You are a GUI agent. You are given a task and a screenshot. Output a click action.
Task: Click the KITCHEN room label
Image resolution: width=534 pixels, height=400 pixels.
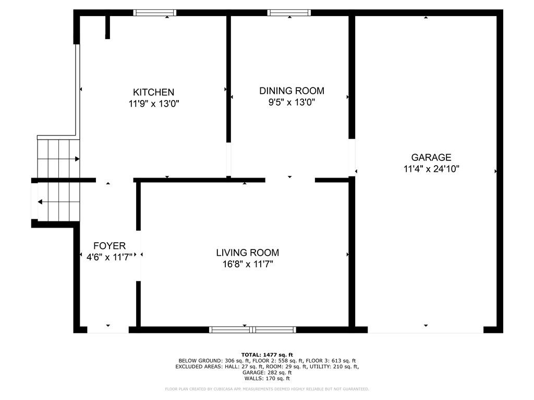pos(153,92)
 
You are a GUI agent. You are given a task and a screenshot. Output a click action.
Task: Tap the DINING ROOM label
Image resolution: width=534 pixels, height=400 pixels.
pos(292,91)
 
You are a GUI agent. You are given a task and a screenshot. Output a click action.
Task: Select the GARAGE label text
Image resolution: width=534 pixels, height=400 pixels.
pos(431,157)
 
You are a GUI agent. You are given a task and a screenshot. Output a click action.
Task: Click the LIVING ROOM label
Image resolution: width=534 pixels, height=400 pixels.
pos(247,253)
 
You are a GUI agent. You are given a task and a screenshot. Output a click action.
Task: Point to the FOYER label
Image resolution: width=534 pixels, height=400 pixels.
pos(109,246)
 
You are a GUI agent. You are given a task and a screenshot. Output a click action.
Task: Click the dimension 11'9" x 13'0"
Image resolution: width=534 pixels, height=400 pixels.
pos(153,104)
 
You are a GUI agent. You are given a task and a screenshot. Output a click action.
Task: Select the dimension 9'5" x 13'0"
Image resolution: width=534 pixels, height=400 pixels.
pos(292,103)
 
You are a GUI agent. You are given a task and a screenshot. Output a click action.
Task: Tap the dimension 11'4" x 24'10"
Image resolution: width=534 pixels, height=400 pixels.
pos(431,169)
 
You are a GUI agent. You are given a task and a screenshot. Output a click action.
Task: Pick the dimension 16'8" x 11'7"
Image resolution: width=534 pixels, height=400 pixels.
pos(247,264)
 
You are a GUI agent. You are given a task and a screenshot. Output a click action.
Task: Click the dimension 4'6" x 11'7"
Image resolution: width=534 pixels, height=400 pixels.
pos(109,256)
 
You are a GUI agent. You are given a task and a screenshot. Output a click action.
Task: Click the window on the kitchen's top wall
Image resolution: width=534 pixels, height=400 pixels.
pos(155,12)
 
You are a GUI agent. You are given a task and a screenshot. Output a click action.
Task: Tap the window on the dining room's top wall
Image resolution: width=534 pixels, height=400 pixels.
pos(289,12)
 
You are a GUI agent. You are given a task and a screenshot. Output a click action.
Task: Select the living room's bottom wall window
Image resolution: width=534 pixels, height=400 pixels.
pos(252,330)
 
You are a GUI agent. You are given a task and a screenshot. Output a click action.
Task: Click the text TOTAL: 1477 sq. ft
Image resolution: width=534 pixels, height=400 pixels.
pos(267,354)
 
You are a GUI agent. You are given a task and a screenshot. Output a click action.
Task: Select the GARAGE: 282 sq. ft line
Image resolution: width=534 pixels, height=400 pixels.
pos(267,372)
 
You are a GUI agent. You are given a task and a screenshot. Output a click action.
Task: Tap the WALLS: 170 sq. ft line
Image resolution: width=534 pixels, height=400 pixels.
pos(267,379)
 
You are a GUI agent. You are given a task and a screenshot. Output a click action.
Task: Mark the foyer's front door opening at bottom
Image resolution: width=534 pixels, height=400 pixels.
pos(108,330)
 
